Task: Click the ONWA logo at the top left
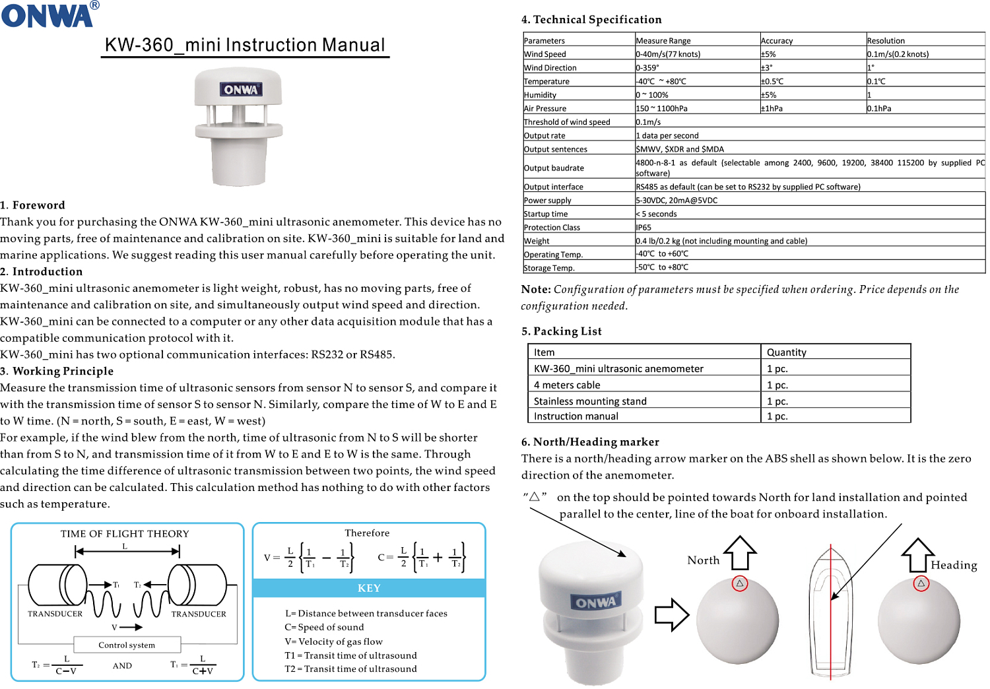(48, 15)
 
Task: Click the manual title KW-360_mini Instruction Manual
(245, 45)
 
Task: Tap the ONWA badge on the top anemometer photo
(241, 89)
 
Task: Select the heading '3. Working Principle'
(57, 371)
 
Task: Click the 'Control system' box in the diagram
(127, 645)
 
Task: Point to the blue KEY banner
(369, 588)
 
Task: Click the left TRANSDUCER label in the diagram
(55, 614)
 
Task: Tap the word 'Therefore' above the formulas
(367, 533)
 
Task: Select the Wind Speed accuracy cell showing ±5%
(768, 54)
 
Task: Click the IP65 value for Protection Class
(643, 227)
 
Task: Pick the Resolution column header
(886, 40)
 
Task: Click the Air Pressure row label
(545, 108)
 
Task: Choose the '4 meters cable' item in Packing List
(567, 385)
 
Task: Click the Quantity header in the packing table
(787, 352)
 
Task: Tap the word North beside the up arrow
(703, 560)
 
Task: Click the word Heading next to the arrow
(954, 565)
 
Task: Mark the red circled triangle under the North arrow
(740, 583)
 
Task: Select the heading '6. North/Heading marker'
(590, 442)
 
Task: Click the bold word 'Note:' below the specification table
(536, 289)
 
